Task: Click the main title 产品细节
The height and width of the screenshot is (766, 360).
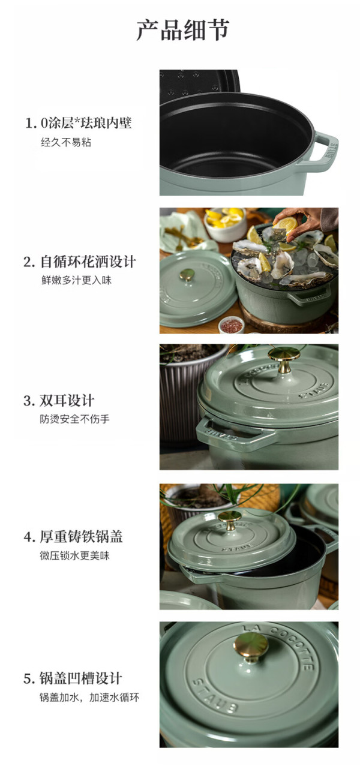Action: tap(183, 30)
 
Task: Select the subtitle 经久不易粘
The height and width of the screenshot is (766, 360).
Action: tap(66, 142)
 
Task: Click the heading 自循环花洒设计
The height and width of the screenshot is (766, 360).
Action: tap(88, 262)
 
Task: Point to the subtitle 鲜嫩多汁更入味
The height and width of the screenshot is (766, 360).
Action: tap(77, 280)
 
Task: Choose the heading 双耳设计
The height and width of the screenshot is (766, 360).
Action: tap(67, 401)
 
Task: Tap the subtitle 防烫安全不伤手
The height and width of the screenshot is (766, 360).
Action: tap(74, 419)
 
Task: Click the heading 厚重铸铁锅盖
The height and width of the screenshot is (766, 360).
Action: tap(81, 536)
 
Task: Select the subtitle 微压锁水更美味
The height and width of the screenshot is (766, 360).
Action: tap(74, 555)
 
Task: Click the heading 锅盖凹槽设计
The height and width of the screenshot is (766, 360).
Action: tap(81, 678)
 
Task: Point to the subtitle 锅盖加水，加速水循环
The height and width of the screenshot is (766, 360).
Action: tap(89, 697)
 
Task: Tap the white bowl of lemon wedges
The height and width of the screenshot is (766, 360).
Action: tap(225, 224)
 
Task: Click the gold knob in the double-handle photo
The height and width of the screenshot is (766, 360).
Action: tap(284, 359)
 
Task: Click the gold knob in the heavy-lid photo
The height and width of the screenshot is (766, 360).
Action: tap(230, 521)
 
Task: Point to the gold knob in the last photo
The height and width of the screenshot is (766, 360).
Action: tap(251, 647)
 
